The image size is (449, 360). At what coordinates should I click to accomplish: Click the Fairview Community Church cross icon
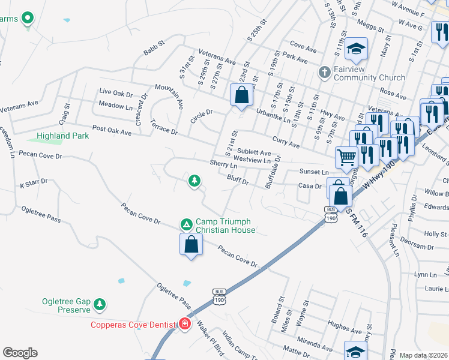coord(325,73)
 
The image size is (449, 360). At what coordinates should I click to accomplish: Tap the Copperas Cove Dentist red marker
coord(185,325)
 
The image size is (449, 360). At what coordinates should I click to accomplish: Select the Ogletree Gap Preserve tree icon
coord(100,305)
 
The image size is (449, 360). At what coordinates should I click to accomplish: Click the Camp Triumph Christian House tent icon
coord(187,224)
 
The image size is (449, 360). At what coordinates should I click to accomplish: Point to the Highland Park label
coord(62,136)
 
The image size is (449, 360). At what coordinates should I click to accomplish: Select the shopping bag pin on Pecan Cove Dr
coord(191,244)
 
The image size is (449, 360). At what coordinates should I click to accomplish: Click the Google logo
coord(20,353)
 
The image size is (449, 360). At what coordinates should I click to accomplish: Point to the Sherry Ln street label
coord(224,163)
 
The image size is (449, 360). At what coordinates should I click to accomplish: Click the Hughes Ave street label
coord(344,328)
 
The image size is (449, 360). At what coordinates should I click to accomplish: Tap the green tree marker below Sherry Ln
coord(194,180)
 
